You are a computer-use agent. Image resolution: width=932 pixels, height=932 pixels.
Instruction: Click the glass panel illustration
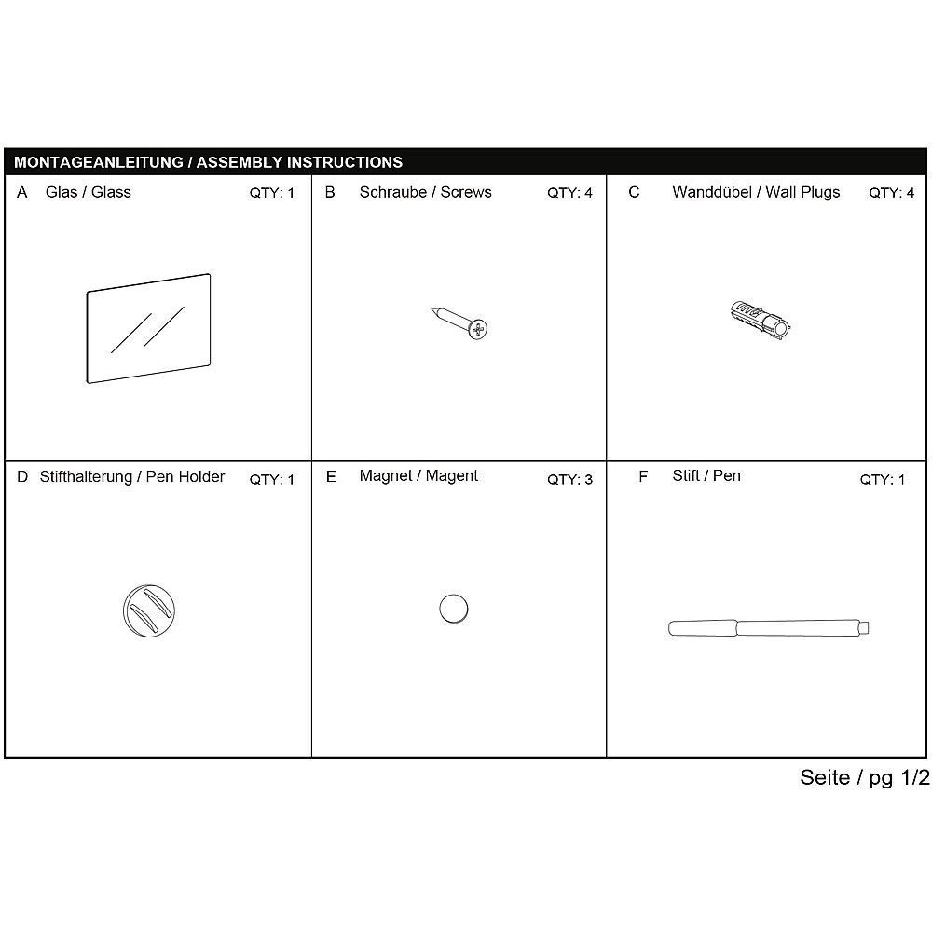pyautogui.click(x=149, y=328)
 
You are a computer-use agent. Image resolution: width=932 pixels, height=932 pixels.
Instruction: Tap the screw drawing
pyautogui.click(x=461, y=322)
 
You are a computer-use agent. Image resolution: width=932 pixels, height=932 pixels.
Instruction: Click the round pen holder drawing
pyautogui.click(x=149, y=611)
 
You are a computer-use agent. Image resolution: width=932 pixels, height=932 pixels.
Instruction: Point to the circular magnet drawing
pyautogui.click(x=453, y=610)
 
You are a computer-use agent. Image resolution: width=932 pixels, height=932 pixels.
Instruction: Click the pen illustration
pyautogui.click(x=771, y=628)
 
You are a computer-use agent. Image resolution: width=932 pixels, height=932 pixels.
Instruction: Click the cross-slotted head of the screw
pyautogui.click(x=479, y=328)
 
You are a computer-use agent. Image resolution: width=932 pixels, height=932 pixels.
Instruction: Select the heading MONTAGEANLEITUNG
pyautogui.click(x=98, y=162)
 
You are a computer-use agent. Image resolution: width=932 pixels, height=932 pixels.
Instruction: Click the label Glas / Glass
pyautogui.click(x=88, y=193)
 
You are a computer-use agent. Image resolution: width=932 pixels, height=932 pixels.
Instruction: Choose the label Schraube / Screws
pyautogui.click(x=425, y=193)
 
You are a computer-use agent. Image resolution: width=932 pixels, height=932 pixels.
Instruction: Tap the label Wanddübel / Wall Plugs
pyautogui.click(x=756, y=193)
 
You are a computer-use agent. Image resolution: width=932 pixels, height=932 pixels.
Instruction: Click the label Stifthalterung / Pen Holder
pyautogui.click(x=132, y=477)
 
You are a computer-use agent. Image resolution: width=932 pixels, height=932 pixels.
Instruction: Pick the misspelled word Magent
pyautogui.click(x=452, y=476)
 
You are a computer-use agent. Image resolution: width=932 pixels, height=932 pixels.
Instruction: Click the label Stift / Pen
pyautogui.click(x=706, y=476)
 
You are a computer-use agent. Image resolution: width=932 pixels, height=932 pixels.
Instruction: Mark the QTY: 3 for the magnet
pyautogui.click(x=569, y=480)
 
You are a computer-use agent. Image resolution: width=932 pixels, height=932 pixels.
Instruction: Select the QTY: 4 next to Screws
pyautogui.click(x=569, y=194)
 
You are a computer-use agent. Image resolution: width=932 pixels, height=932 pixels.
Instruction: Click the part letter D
pyautogui.click(x=22, y=477)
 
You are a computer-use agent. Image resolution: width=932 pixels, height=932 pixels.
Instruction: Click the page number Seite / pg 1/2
pyautogui.click(x=864, y=778)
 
